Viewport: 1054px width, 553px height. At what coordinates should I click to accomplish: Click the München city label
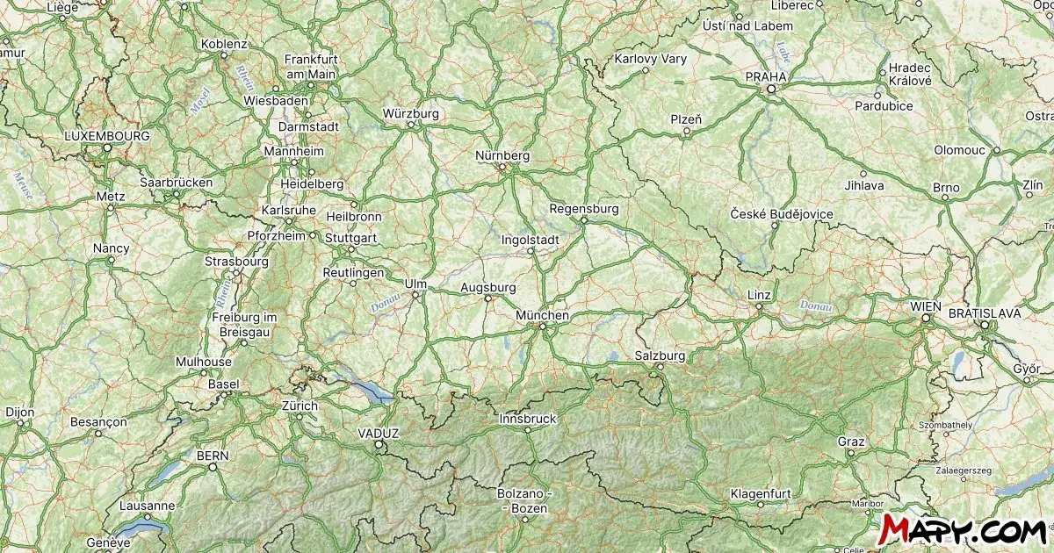click(542, 315)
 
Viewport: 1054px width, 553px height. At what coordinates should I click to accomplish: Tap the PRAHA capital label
click(766, 77)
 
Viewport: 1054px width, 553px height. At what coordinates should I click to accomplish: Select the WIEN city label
click(926, 306)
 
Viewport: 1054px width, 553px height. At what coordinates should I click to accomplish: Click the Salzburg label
click(659, 355)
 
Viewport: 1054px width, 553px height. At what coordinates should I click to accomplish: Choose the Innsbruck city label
click(527, 419)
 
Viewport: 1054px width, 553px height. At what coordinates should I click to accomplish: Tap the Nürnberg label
click(502, 155)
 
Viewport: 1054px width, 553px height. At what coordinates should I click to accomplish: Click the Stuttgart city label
click(350, 238)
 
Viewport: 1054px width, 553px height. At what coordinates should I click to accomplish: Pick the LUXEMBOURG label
click(107, 136)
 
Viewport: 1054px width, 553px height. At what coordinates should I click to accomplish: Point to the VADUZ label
click(379, 434)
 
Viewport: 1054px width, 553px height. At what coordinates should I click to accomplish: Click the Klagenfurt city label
click(762, 493)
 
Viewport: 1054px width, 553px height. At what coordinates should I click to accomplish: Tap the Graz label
click(851, 442)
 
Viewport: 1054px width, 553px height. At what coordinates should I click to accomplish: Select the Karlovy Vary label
click(650, 60)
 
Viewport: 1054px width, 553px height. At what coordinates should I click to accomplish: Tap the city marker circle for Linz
click(758, 306)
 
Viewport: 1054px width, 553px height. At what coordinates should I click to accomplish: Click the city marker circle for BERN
click(213, 467)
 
